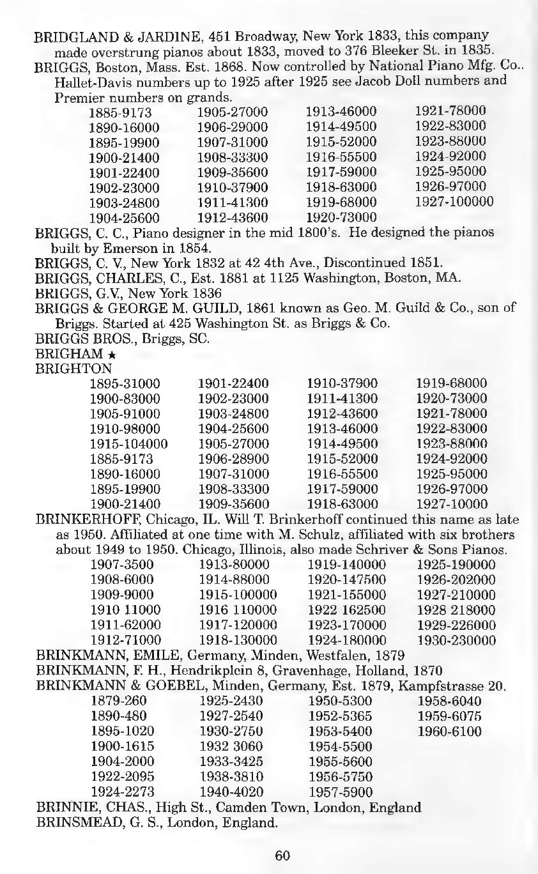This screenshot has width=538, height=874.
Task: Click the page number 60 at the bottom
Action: (x=282, y=856)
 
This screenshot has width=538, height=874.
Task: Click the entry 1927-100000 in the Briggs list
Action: (x=454, y=202)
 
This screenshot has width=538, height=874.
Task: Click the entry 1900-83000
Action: (x=125, y=399)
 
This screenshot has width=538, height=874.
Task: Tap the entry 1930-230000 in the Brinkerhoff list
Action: (x=456, y=640)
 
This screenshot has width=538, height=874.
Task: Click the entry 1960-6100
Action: (x=449, y=732)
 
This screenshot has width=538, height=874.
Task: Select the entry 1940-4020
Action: (x=231, y=792)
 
